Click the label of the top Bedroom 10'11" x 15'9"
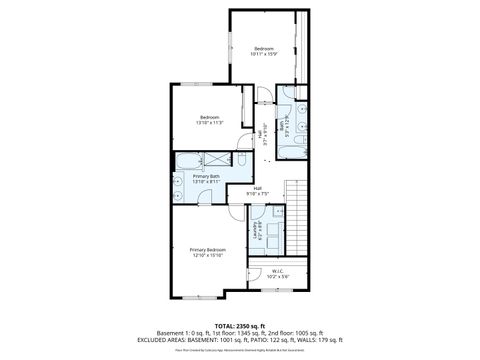[263, 52]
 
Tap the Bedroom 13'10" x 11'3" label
[209, 119]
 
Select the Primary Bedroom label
[208, 252]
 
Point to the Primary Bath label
[193, 179]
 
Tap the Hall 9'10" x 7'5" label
[257, 191]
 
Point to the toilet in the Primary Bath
[241, 160]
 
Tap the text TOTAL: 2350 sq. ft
[239, 325]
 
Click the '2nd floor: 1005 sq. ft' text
[291, 333]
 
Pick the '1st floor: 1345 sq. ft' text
[231, 333]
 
